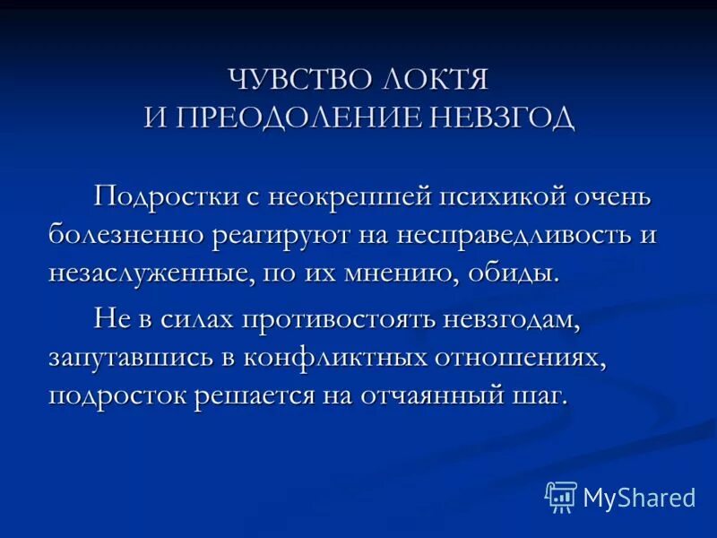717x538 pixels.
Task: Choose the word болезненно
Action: pos(125,235)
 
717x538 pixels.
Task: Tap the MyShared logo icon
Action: pos(561,496)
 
